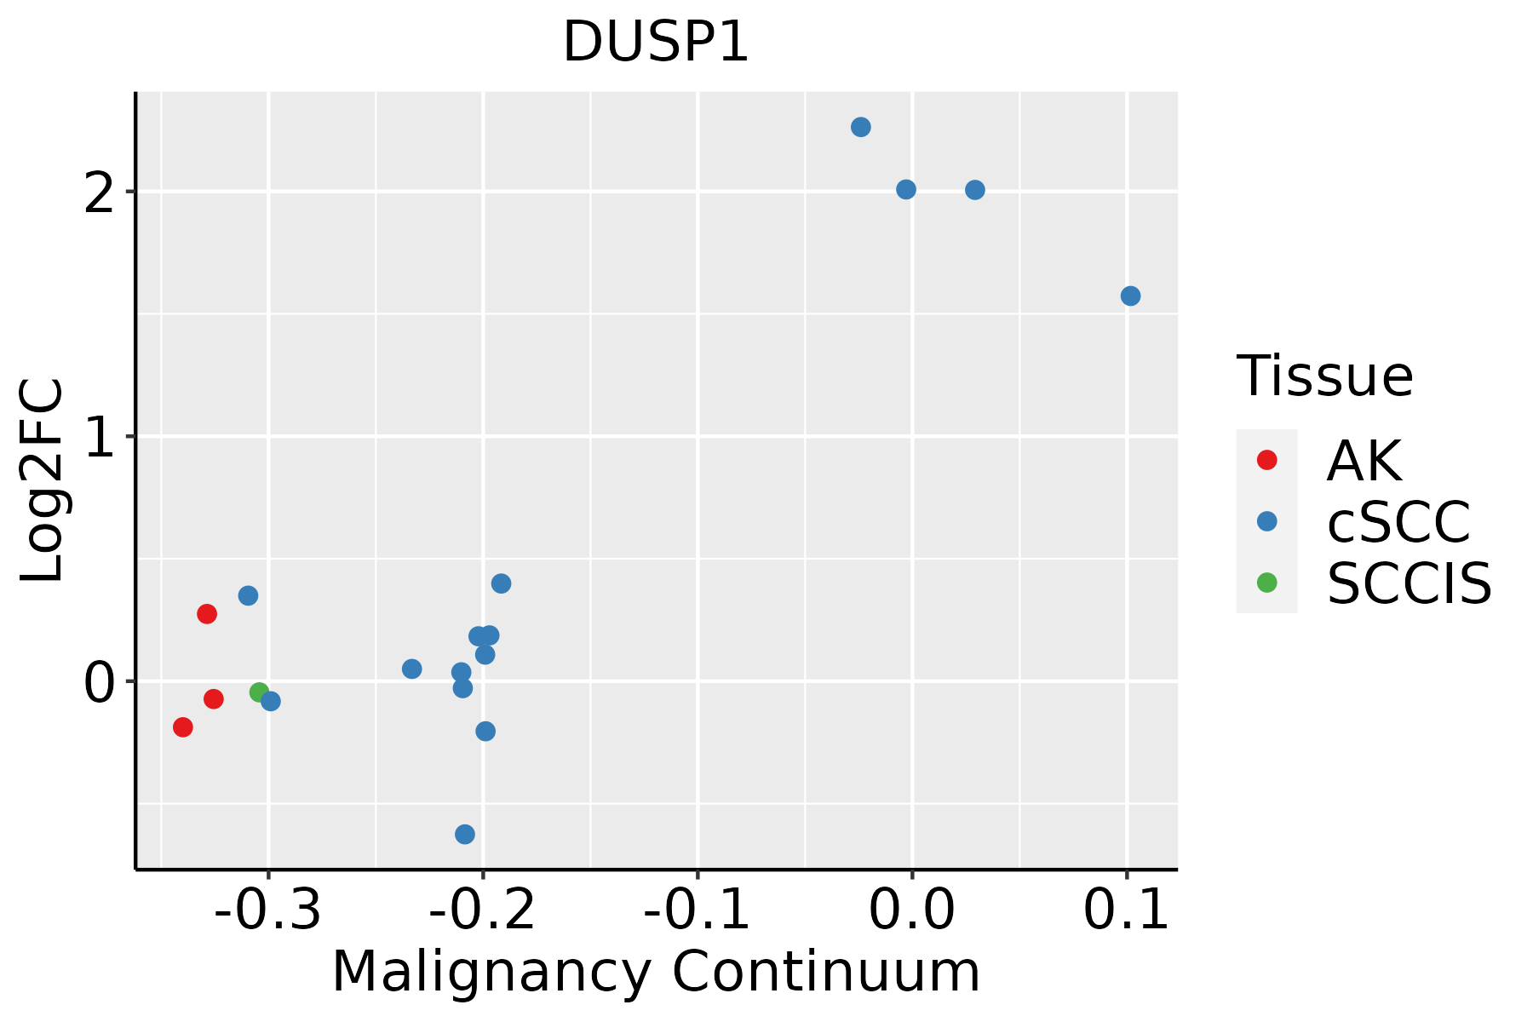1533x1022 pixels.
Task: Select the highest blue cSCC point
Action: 861,128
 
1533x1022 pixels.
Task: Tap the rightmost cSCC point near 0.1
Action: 1130,296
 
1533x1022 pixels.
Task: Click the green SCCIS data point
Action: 260,692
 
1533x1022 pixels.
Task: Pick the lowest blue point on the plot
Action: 465,834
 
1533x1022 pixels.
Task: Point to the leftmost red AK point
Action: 182,727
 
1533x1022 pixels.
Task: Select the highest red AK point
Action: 207,614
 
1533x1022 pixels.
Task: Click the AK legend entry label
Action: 1364,461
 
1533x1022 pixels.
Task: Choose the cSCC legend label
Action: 1398,522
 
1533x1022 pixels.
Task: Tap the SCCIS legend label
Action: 1409,583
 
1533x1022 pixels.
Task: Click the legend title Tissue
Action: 1324,376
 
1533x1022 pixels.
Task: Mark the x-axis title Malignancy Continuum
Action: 656,972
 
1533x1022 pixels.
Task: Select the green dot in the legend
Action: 1266,583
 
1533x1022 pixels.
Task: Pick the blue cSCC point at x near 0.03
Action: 975,190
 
